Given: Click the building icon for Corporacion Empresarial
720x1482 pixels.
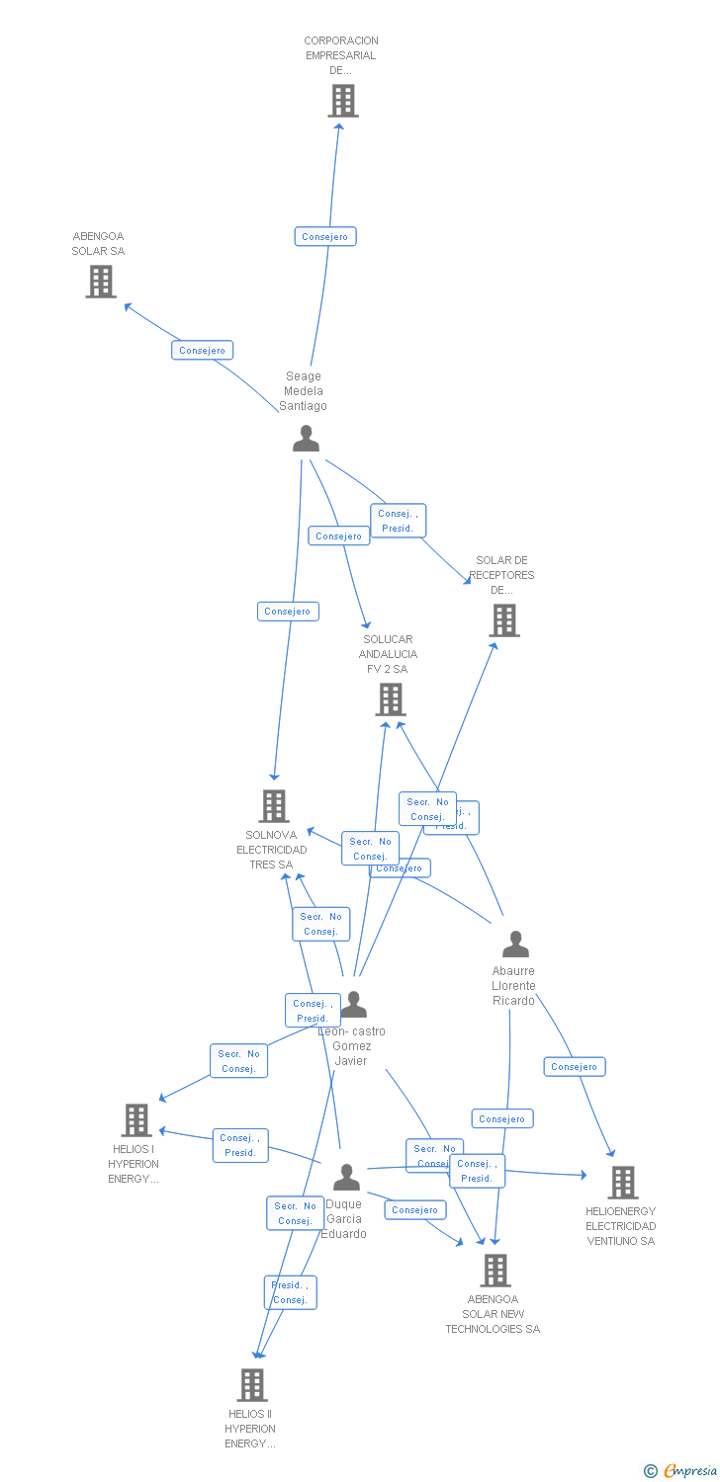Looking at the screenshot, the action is [342, 101].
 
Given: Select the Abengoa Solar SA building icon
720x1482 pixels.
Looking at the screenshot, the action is [100, 282].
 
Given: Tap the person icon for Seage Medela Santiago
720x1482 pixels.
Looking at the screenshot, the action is [306, 438].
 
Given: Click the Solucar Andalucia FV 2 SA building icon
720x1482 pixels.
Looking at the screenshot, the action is [390, 700].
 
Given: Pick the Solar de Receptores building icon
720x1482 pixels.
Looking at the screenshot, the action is [503, 620].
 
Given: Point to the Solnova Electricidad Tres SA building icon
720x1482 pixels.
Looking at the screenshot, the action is [273, 806].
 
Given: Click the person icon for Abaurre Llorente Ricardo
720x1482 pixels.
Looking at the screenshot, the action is [515, 945].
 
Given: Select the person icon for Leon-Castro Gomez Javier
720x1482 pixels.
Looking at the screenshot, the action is [353, 1005].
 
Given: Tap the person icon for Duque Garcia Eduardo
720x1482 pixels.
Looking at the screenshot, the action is [346, 1178].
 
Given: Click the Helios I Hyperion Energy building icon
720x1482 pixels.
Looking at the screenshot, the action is [135, 1120].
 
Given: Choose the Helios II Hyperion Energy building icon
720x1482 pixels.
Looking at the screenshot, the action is [251, 1385].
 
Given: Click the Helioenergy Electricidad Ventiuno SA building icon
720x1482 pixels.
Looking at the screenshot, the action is [621, 1182].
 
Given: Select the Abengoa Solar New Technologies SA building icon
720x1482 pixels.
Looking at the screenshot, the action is [495, 1271].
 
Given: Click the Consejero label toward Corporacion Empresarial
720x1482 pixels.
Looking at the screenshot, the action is [324, 237].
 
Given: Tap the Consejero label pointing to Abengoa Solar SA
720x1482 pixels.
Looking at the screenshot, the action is [202, 351].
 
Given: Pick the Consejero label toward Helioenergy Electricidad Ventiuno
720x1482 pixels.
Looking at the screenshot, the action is [574, 1067].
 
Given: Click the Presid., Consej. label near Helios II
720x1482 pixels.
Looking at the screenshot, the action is [290, 1292].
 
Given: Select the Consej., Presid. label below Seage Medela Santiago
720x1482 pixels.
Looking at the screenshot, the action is [398, 521].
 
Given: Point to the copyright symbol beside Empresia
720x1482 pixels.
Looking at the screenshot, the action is [650, 1472].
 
